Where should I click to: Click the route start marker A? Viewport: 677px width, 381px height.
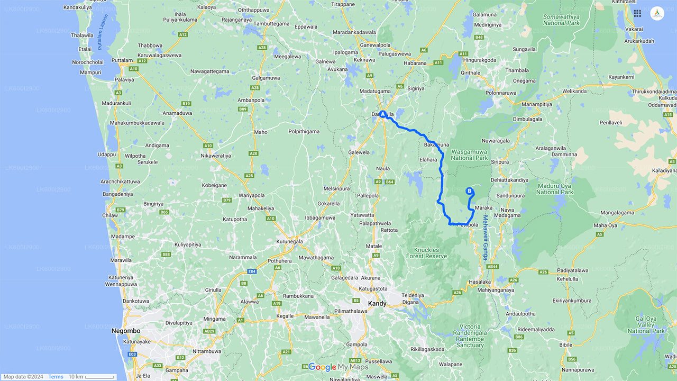(382, 114)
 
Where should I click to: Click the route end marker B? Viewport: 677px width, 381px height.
(469, 191)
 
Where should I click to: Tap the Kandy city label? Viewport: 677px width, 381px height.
(377, 304)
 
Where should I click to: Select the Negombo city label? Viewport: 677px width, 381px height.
(125, 331)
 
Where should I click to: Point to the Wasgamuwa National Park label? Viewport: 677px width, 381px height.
(469, 155)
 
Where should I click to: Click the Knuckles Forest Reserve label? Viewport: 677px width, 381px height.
(426, 252)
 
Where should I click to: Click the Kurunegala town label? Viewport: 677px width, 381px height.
(289, 242)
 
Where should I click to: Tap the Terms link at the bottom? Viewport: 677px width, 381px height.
(56, 377)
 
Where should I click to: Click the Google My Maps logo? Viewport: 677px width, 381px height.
(338, 367)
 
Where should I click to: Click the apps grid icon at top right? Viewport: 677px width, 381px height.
(637, 13)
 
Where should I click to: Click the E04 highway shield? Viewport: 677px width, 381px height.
(252, 271)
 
